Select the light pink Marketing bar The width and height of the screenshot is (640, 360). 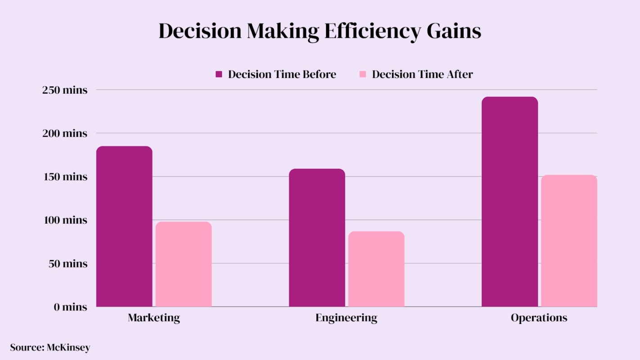click(184, 264)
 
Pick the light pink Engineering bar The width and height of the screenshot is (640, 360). click(376, 269)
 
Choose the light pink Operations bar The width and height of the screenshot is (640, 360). click(569, 241)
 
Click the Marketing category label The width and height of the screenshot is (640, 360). click(154, 318)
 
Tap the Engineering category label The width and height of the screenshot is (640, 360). click(346, 318)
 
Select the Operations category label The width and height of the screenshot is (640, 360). click(539, 318)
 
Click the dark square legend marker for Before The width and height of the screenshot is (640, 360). click(219, 74)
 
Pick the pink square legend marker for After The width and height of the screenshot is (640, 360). click(363, 74)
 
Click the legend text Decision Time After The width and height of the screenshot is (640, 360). click(422, 74)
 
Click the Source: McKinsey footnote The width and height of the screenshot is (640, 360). click(50, 348)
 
